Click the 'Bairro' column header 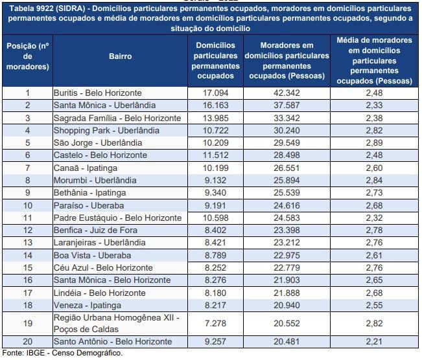tap(120, 56)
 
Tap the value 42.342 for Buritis tap(288, 93)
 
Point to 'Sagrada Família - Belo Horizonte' tap(117, 118)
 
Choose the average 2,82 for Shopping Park tap(374, 130)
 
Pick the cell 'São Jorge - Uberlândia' tap(98, 142)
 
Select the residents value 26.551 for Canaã tap(288, 168)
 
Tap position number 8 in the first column tap(27, 180)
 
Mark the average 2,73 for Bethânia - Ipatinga tap(374, 193)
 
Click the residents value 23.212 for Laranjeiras tap(288, 243)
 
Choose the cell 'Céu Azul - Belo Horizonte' tap(103, 267)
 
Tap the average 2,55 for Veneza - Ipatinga tap(374, 305)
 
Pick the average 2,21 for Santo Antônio tap(374, 341)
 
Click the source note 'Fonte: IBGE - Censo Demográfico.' tap(62, 353)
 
